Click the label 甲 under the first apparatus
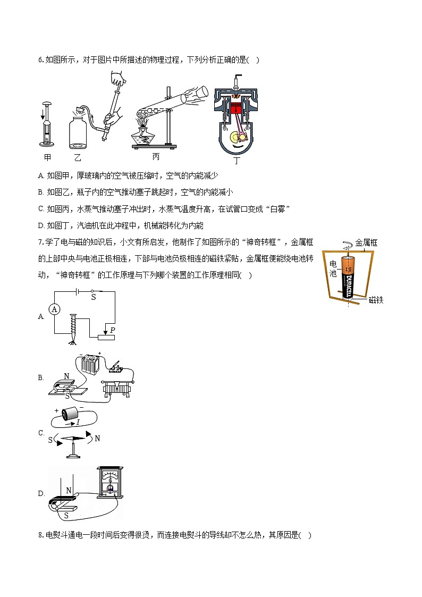click(x=47, y=158)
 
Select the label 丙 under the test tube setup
click(x=156, y=157)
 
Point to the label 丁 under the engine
click(x=237, y=159)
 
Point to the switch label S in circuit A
click(x=94, y=298)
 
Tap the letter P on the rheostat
click(x=113, y=330)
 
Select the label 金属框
click(x=366, y=243)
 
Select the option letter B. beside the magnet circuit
click(x=41, y=378)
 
